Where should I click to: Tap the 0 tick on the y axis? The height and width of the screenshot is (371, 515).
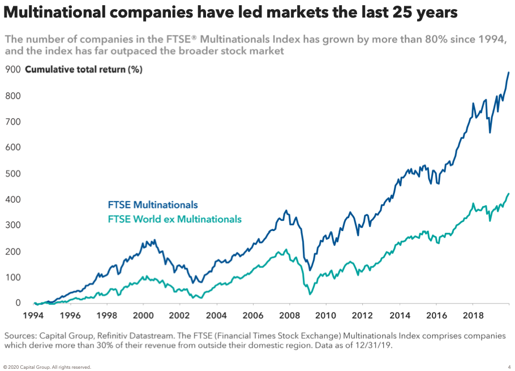pos(18,304)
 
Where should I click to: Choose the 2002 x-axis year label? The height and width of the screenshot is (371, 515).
pos(179,315)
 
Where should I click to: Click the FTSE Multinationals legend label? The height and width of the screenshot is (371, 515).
pos(153,205)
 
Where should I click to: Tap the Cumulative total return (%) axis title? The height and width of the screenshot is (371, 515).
pos(84,70)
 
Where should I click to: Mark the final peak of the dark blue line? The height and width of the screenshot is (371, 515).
pos(508,72)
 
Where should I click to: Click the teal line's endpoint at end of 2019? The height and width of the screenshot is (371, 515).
pos(508,194)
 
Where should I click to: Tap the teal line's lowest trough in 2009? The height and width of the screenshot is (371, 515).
pos(310,294)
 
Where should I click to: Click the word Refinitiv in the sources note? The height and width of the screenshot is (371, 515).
pos(121,336)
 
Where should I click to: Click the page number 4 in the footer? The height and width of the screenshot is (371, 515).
pos(509,367)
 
